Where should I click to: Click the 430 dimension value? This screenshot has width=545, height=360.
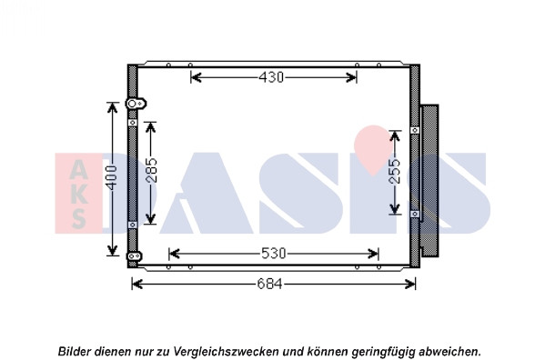click(x=271, y=77)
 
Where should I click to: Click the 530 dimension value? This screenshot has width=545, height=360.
click(x=273, y=254)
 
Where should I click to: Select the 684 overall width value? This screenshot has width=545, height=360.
click(x=269, y=285)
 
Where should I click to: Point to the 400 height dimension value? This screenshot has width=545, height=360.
click(x=112, y=178)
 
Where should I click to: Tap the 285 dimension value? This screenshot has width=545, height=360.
click(x=151, y=170)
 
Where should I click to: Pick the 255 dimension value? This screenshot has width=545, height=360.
click(x=395, y=172)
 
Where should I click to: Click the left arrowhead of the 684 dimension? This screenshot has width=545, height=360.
click(x=137, y=285)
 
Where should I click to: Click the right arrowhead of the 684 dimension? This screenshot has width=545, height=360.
click(x=410, y=285)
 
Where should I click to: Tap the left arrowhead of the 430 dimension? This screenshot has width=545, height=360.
click(x=197, y=77)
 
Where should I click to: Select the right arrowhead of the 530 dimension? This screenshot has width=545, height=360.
click(x=373, y=254)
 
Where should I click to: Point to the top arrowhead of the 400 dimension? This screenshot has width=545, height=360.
click(x=112, y=108)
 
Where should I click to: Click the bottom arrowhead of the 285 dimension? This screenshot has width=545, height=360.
click(x=150, y=218)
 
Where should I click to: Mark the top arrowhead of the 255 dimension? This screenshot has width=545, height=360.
click(x=395, y=136)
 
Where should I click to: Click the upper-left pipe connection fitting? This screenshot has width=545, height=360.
click(x=136, y=104)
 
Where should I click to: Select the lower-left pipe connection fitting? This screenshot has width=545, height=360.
click(x=134, y=256)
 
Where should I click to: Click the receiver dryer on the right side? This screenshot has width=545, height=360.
click(x=429, y=181)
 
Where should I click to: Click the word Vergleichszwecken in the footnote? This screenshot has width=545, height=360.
click(x=226, y=351)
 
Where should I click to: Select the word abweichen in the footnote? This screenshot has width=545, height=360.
click(x=449, y=351)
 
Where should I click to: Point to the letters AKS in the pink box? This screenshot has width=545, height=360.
click(x=78, y=195)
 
